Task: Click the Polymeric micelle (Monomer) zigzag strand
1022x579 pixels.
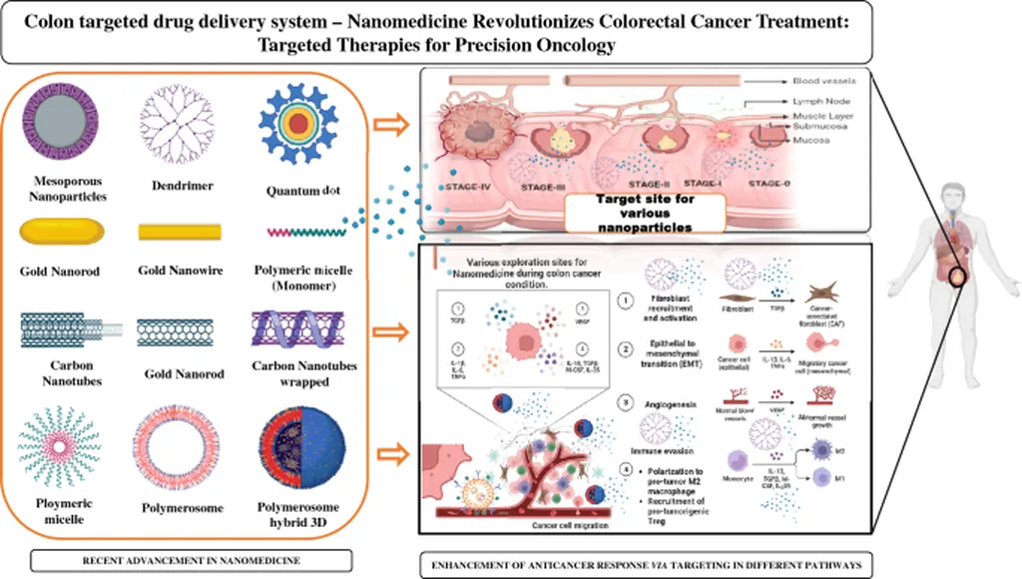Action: [306, 232]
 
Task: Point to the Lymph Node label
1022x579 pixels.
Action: [819, 102]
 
